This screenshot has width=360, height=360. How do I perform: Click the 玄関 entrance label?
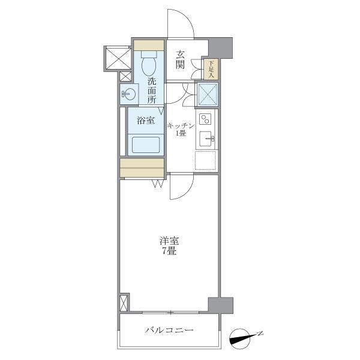[x=179, y=59]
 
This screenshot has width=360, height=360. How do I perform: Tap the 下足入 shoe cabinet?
[x=211, y=68]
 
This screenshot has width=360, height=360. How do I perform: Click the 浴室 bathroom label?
[x=145, y=121]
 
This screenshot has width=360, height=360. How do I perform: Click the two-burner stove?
[x=205, y=118]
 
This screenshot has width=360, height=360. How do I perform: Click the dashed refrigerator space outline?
[x=206, y=160]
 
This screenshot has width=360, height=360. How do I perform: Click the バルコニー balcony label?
[x=169, y=331]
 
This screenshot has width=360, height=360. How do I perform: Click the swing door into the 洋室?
[x=181, y=186]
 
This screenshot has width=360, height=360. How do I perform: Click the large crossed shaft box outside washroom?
[x=118, y=57]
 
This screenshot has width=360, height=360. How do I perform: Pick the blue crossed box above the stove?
[x=206, y=94]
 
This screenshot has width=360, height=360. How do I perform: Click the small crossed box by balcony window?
[x=124, y=302]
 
